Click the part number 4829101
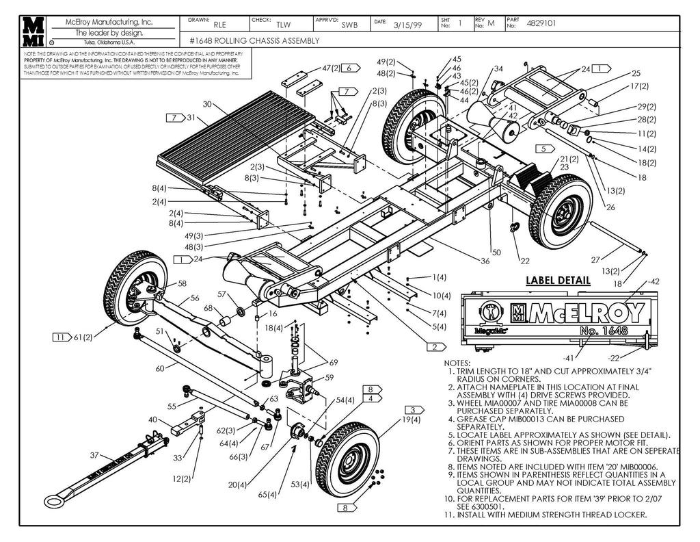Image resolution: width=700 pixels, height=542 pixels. click(x=541, y=23)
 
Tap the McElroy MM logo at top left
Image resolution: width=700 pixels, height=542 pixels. click(x=33, y=31)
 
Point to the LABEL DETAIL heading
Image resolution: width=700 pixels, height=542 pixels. click(x=558, y=281)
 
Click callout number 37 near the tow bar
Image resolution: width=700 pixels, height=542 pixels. click(x=95, y=455)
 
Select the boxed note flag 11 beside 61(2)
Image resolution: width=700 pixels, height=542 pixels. click(x=62, y=337)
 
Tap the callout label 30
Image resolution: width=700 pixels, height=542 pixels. click(x=207, y=105)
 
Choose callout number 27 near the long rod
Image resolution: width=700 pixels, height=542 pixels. click(x=595, y=259)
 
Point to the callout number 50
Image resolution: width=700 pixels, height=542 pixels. click(x=496, y=253)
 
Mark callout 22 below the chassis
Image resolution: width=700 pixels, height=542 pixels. click(x=524, y=261)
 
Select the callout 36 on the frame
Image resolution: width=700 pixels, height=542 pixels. click(x=485, y=261)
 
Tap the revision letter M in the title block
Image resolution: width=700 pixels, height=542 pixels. click(x=491, y=23)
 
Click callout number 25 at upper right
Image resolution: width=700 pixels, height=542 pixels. click(x=635, y=73)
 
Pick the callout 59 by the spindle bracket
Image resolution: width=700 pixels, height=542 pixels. click(x=329, y=377)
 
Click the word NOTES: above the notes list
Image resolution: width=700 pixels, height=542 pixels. click(x=457, y=362)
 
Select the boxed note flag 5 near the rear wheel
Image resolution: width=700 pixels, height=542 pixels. click(x=544, y=149)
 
